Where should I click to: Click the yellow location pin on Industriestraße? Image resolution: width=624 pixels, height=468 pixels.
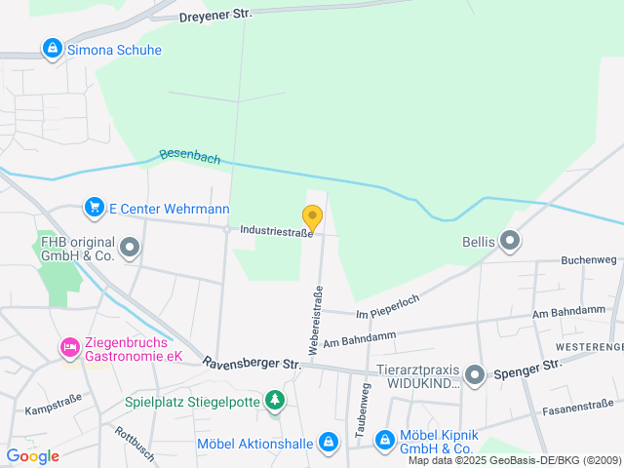(x=312, y=217)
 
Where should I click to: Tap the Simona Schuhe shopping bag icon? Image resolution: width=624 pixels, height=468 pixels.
(x=52, y=48)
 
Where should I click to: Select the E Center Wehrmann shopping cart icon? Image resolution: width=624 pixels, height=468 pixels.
(x=95, y=208)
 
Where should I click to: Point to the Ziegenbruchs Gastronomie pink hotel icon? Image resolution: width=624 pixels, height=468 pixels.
(x=69, y=347)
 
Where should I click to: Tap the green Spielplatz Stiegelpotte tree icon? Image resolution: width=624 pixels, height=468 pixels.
(x=276, y=400)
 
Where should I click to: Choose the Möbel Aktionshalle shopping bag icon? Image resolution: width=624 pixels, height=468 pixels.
(x=329, y=443)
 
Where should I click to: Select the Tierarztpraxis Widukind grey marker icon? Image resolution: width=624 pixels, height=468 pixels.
(x=475, y=374)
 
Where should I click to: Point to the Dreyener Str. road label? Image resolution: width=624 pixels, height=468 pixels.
(x=215, y=16)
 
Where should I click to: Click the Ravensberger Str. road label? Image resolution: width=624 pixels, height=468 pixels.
(x=253, y=363)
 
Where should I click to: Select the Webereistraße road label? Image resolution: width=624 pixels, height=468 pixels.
(x=315, y=319)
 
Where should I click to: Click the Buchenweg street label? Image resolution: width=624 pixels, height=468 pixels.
(x=589, y=260)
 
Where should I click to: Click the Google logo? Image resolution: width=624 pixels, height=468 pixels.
(x=33, y=455)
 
